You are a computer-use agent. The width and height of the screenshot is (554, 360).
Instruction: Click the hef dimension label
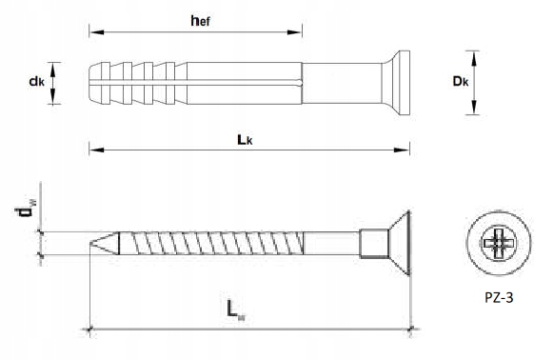200,21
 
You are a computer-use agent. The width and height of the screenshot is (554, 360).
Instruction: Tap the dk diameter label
37,82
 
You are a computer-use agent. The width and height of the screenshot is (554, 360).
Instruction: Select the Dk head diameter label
461,81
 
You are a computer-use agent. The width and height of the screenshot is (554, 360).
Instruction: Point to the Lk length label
245,140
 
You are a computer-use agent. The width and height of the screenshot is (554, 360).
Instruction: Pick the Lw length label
236,310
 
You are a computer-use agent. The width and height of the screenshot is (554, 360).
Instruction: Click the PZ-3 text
499,298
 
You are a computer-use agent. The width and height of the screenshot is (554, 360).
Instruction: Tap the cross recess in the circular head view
499,243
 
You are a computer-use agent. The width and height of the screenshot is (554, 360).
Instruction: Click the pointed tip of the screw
90,243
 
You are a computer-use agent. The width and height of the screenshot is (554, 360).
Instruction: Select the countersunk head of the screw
400,243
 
